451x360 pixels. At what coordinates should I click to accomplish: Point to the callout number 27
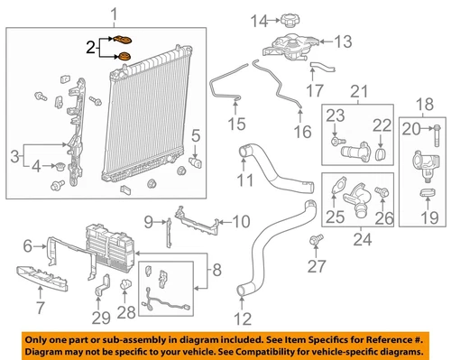[316, 267]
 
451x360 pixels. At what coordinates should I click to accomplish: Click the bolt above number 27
[316, 239]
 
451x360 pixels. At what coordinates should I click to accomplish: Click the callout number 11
[243, 180]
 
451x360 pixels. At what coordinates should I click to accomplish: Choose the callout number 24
[360, 239]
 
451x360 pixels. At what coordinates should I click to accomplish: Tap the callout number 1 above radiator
[114, 13]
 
